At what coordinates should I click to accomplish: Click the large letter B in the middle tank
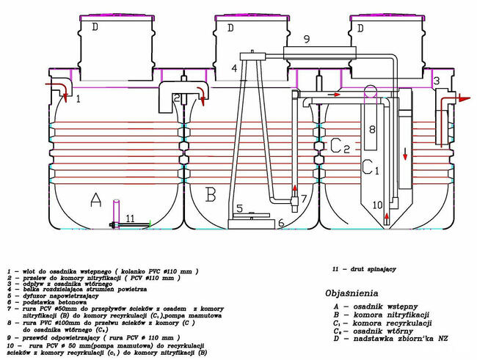[x=211, y=195]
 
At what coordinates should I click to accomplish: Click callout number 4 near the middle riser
[x=234, y=68]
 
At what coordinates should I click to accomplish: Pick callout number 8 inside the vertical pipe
[x=371, y=130]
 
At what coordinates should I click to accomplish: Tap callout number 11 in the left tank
[x=129, y=218]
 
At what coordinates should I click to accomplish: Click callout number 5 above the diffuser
[x=239, y=209]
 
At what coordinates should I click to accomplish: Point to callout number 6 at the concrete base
[x=280, y=222]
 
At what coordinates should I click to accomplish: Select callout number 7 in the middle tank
[x=303, y=199]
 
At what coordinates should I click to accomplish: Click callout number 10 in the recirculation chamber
[x=377, y=205]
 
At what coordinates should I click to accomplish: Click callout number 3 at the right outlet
[x=435, y=80]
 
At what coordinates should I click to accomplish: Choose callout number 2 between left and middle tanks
[x=177, y=98]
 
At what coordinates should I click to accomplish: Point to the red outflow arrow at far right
[x=462, y=97]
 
